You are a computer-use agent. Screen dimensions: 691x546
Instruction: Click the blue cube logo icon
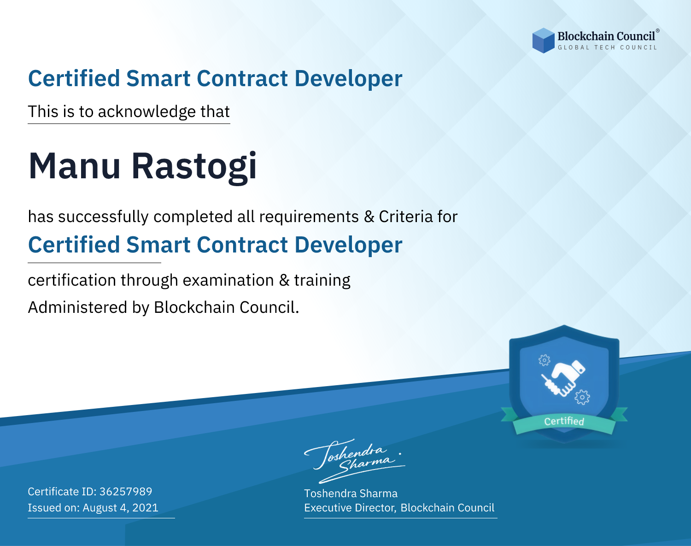[x=543, y=41]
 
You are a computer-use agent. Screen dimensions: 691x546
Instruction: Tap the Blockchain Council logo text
[x=606, y=36]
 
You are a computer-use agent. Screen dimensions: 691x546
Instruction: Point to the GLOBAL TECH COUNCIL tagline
[x=607, y=47]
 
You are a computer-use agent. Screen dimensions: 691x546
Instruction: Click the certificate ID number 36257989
[x=126, y=491]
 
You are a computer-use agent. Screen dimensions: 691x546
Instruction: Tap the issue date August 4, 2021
[x=120, y=508]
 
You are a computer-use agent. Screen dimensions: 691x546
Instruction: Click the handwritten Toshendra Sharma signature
[x=355, y=461]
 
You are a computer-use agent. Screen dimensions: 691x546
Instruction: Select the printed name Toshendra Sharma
[x=351, y=493]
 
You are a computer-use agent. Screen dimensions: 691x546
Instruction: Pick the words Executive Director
[x=350, y=508]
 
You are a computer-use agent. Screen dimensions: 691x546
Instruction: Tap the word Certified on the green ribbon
[x=564, y=421]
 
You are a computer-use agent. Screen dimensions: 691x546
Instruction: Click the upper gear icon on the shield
[x=544, y=360]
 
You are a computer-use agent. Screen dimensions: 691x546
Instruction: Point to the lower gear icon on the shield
[x=582, y=397]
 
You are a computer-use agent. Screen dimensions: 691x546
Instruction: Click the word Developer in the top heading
[x=348, y=79]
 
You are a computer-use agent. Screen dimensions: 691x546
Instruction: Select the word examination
[x=228, y=280]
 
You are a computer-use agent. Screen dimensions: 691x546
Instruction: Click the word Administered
[x=78, y=307]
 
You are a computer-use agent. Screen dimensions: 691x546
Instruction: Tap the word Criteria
[x=405, y=217]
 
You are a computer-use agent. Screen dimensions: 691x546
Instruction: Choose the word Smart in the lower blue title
[x=158, y=245]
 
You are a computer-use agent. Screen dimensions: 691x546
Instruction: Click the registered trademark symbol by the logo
[x=657, y=30]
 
